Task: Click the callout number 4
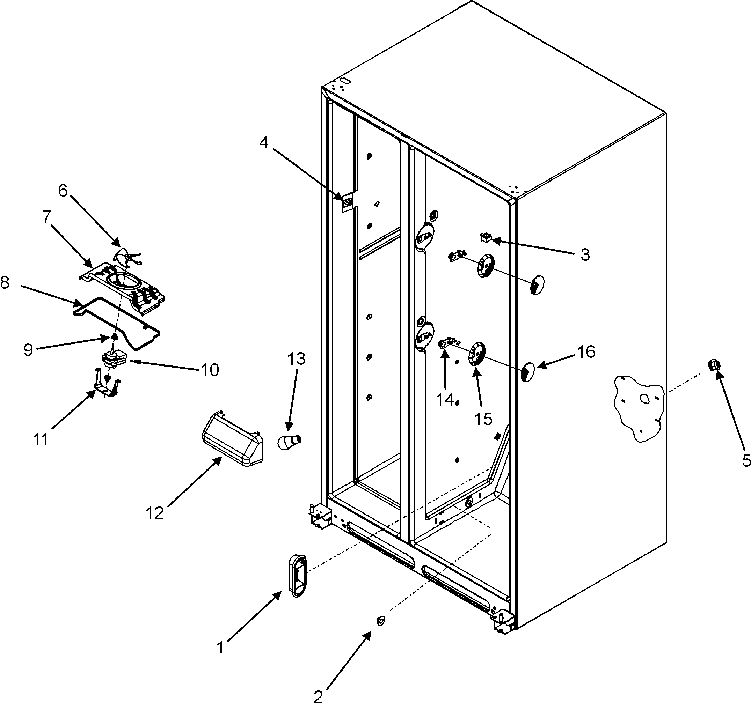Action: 264,143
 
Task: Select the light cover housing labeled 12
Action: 233,439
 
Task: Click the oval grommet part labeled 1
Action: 298,575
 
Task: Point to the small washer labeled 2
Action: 380,620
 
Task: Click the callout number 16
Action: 586,352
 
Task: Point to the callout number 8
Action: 5,282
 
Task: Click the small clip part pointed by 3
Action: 485,237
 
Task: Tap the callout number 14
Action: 445,399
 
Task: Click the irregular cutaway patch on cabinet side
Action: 639,408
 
